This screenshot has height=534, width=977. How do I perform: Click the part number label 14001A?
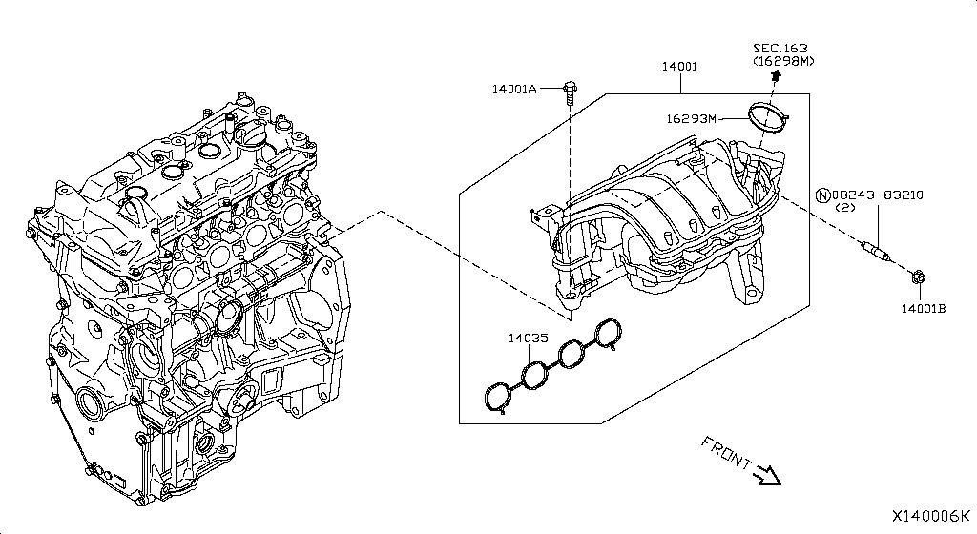coord(514,89)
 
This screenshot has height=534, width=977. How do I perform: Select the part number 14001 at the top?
coord(680,68)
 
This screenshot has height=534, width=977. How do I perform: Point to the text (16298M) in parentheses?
coord(783,62)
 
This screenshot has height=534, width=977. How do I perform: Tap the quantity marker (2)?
coord(844,208)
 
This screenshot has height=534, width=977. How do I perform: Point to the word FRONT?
coord(724,453)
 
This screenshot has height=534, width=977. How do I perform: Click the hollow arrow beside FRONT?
coord(767,474)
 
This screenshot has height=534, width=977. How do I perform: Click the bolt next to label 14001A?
coord(569,92)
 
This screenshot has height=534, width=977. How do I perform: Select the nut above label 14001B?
coord(916,278)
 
